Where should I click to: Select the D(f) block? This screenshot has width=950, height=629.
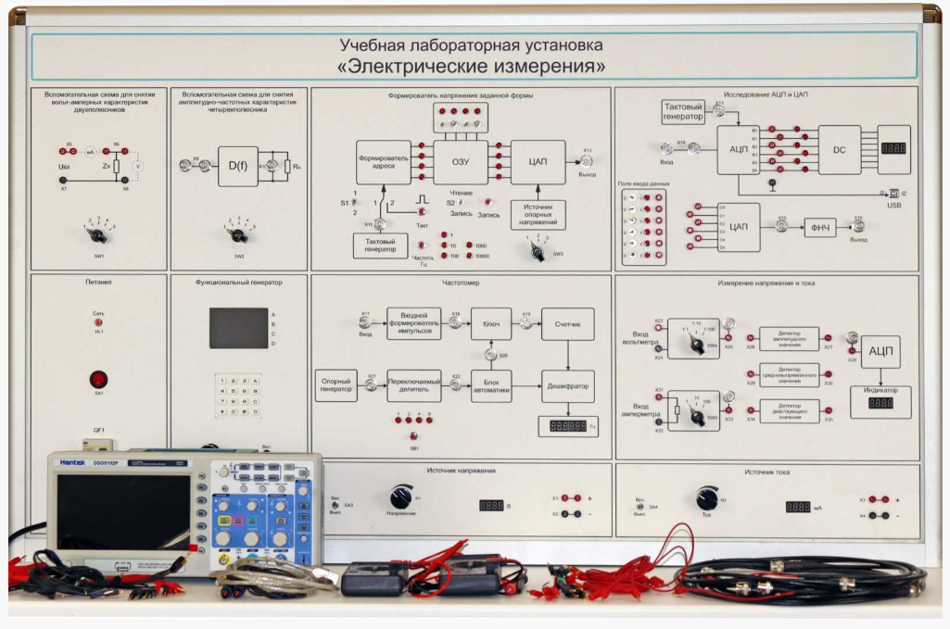pyautogui.click(x=238, y=166)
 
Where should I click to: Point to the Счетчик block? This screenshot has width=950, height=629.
pyautogui.click(x=567, y=324)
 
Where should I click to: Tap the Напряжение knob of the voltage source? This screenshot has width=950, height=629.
pyautogui.click(x=401, y=497)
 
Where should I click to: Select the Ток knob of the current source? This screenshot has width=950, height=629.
pyautogui.click(x=707, y=497)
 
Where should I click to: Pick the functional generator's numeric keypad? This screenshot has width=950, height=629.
pyautogui.click(x=237, y=399)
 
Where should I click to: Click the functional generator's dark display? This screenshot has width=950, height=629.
pyautogui.click(x=238, y=328)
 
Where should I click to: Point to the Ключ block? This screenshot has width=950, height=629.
pyautogui.click(x=491, y=324)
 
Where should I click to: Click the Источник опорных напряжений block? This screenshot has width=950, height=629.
pyautogui.click(x=538, y=215)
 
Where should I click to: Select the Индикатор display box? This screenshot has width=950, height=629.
pyautogui.click(x=880, y=399)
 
